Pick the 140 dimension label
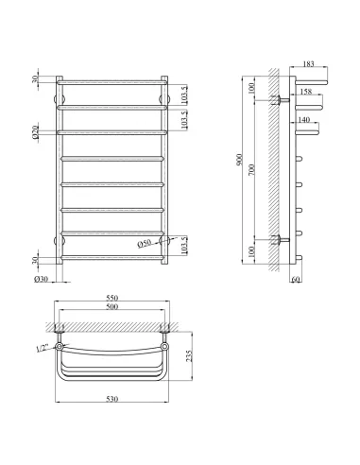302,121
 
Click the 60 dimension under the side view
295,280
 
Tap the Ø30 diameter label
42,278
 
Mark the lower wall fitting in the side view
281,239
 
